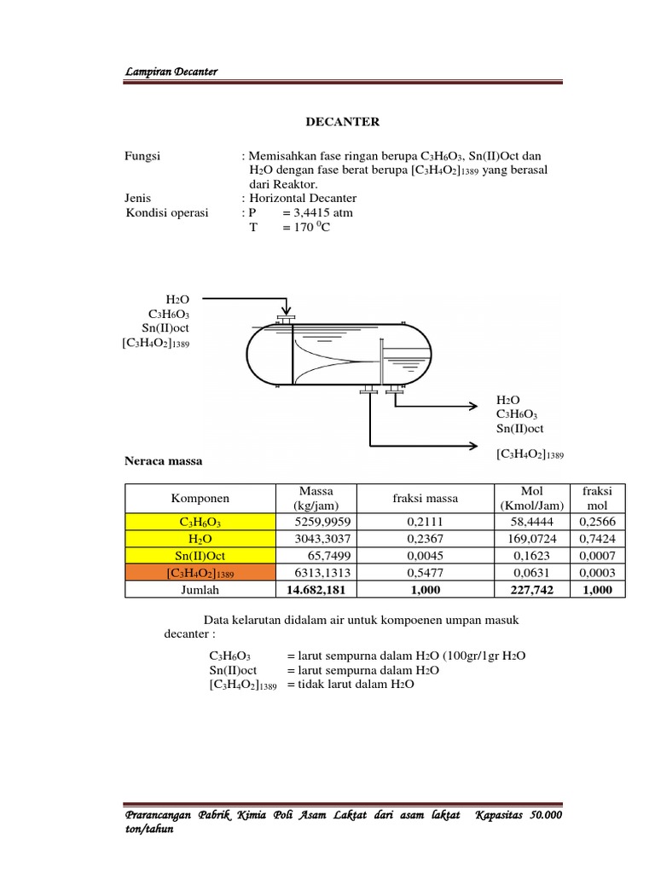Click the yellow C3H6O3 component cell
[199, 522]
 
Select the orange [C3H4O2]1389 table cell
[199, 573]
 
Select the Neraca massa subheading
[164, 461]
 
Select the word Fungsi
[142, 155]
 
